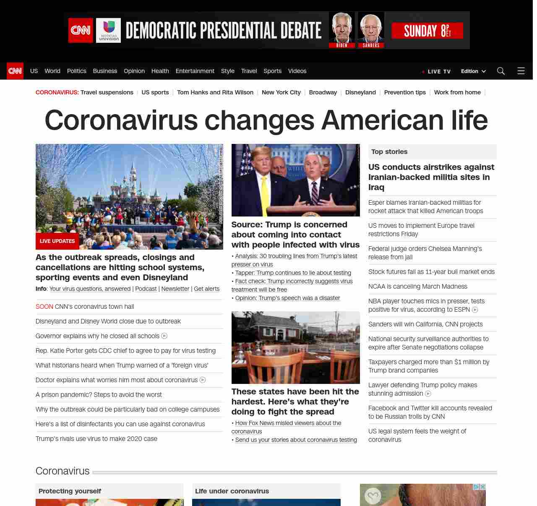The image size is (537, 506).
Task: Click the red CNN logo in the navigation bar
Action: [15, 71]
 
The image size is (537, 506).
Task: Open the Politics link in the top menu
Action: [76, 71]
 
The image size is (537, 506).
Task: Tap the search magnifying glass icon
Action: [501, 71]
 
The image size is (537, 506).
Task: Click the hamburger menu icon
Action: [521, 71]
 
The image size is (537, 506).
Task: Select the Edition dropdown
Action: [473, 71]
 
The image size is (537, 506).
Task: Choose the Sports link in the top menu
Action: [272, 71]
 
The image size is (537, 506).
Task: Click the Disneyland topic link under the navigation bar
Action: [360, 92]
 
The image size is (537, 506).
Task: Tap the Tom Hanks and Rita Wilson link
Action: [215, 92]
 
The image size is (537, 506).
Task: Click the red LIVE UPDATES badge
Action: [57, 241]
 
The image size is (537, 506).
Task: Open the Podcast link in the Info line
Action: [146, 289]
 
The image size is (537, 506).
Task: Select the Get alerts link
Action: [206, 289]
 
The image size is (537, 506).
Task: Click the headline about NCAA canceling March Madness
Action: [417, 287]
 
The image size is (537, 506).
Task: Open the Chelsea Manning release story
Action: [425, 253]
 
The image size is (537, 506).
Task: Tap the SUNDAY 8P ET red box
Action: [427, 31]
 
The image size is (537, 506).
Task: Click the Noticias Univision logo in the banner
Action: [108, 30]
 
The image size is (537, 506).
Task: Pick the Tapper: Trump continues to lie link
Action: [293, 273]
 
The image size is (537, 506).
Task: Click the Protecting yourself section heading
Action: [70, 491]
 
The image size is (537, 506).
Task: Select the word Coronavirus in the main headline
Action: [121, 120]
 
